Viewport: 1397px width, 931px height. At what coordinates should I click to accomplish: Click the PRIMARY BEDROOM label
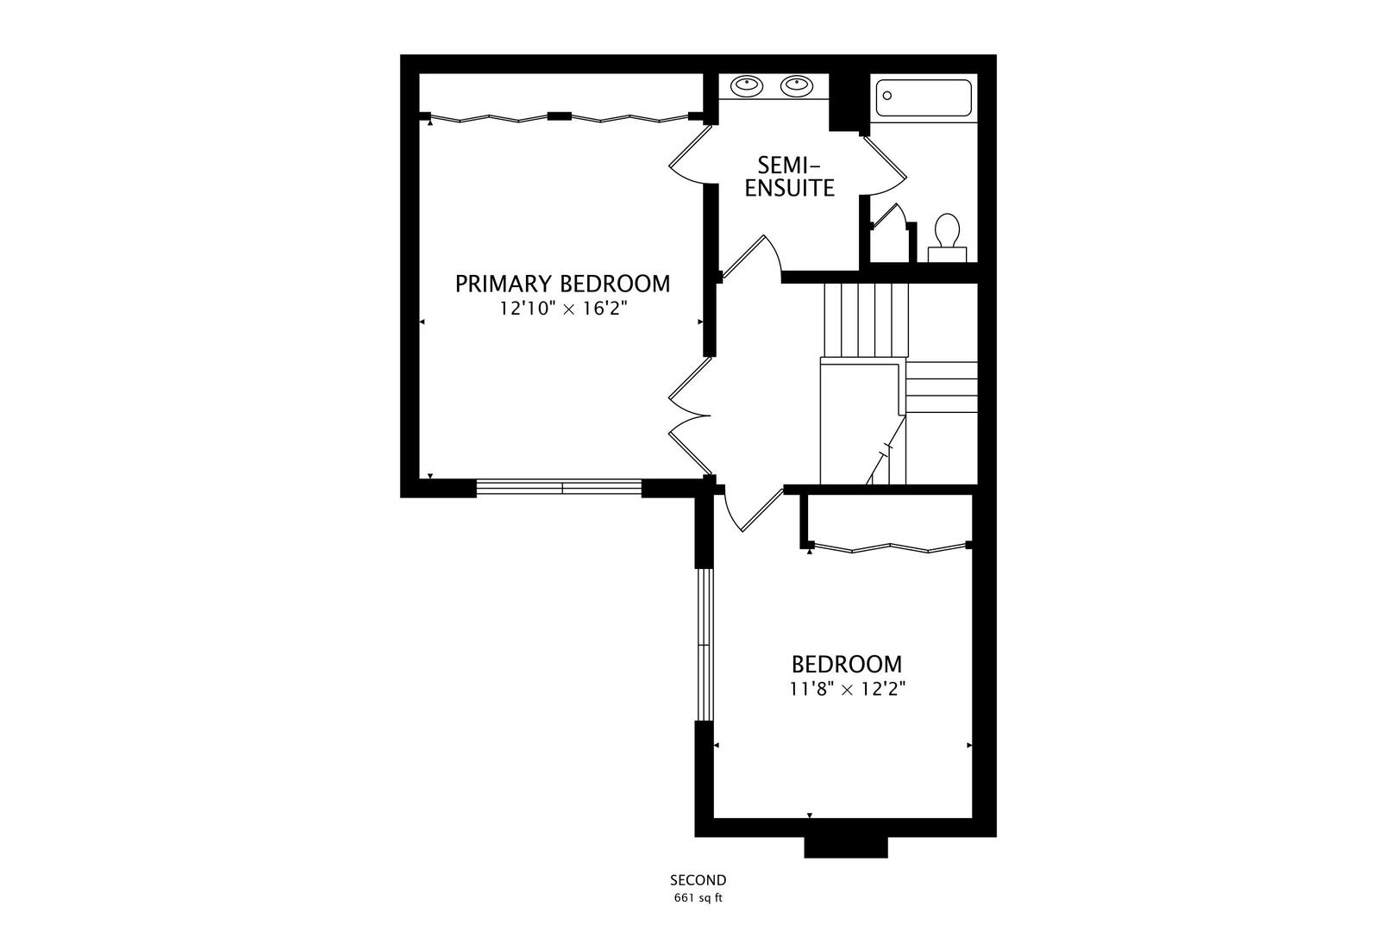562,284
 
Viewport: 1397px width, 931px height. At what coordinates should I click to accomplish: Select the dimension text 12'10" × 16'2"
562,309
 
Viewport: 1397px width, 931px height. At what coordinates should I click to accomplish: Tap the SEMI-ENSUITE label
789,176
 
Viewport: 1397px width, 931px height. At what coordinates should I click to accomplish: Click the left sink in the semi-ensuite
746,85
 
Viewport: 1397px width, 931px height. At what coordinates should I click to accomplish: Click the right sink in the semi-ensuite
796,85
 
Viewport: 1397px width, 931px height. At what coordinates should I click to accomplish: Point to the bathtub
924,98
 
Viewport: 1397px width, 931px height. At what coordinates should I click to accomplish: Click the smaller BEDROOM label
847,665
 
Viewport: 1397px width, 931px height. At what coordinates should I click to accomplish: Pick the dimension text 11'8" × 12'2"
847,689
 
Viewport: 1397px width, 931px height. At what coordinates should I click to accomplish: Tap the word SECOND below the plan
698,880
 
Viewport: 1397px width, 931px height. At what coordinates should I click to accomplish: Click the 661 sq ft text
698,897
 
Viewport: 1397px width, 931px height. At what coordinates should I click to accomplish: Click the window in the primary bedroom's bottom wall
560,488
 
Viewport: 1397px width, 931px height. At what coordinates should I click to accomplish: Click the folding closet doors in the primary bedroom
561,118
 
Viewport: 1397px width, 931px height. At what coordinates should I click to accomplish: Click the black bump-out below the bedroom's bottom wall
845,847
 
